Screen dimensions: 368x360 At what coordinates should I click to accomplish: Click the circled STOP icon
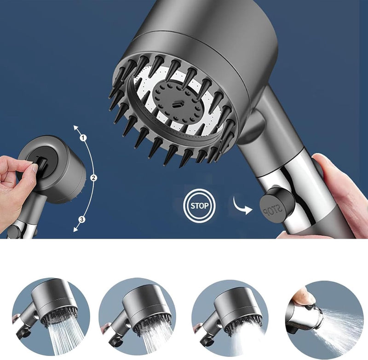point(199,206)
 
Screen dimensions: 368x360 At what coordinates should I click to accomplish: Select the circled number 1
point(83,138)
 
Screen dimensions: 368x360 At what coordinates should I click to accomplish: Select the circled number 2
point(94,178)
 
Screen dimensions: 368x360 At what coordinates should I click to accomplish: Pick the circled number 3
point(82,219)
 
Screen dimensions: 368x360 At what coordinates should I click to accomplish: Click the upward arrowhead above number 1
point(76,128)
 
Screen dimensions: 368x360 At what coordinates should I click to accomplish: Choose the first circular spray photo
point(51,317)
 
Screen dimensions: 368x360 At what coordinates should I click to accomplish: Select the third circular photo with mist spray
point(230,317)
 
